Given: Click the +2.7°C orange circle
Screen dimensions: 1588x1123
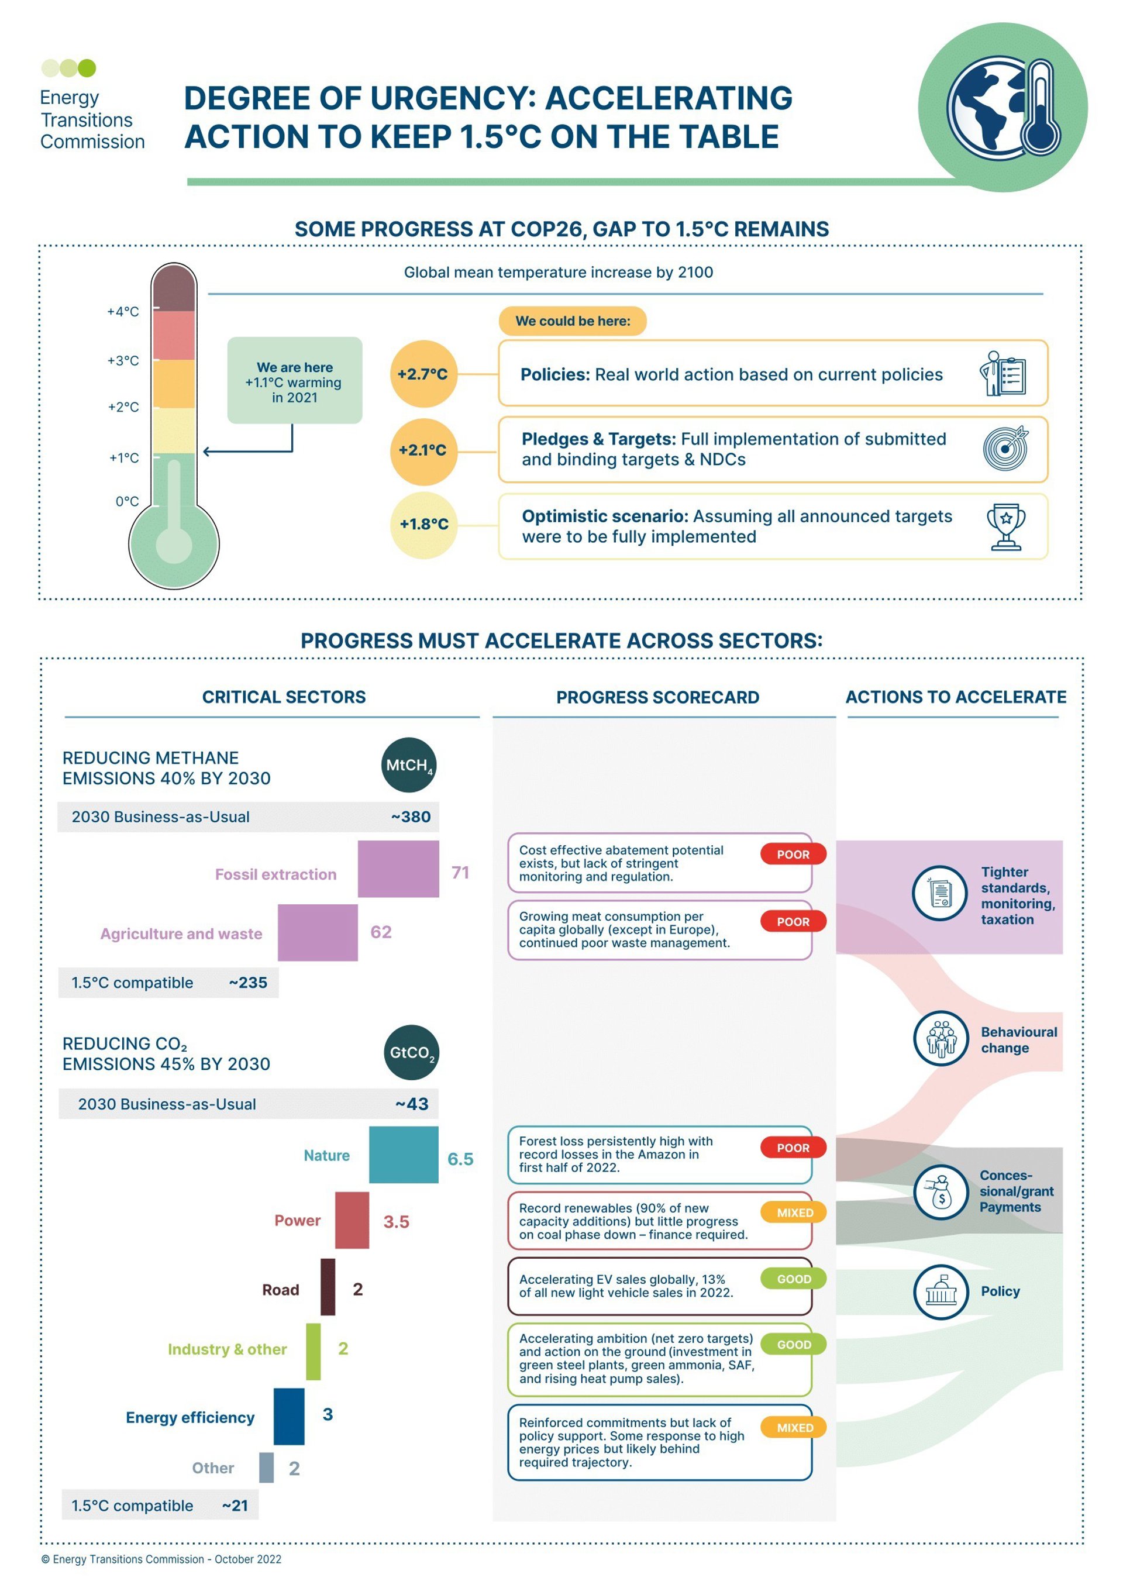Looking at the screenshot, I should pos(423,374).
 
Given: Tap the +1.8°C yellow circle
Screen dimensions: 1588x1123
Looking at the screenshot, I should pos(423,524).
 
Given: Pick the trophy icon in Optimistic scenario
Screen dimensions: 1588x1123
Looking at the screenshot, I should pos(1005,526).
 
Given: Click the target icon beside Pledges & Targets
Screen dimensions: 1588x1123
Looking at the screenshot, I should pos(1005,449).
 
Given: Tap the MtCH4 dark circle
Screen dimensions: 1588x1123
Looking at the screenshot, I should pos(409,765).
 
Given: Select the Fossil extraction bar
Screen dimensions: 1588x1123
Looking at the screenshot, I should pos(398,869).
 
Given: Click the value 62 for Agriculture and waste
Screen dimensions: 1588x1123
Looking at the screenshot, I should pos(381,932).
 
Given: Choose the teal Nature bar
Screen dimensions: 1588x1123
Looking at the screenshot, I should pos(403,1155).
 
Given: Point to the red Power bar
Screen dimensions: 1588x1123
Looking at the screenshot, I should pos(352,1220).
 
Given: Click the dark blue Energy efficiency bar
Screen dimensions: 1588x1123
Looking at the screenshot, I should pos(289,1417).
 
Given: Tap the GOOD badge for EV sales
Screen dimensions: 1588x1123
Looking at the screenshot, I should pos(793,1279).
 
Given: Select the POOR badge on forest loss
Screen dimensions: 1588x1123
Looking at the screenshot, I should pos(793,1148).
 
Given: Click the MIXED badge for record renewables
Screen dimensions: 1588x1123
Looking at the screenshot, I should pos(793,1212).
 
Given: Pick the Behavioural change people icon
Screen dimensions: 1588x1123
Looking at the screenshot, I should pos(941,1038).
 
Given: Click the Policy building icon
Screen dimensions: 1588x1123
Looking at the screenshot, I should pos(941,1291).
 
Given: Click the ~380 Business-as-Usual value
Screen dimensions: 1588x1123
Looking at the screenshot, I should pos(411,817).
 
